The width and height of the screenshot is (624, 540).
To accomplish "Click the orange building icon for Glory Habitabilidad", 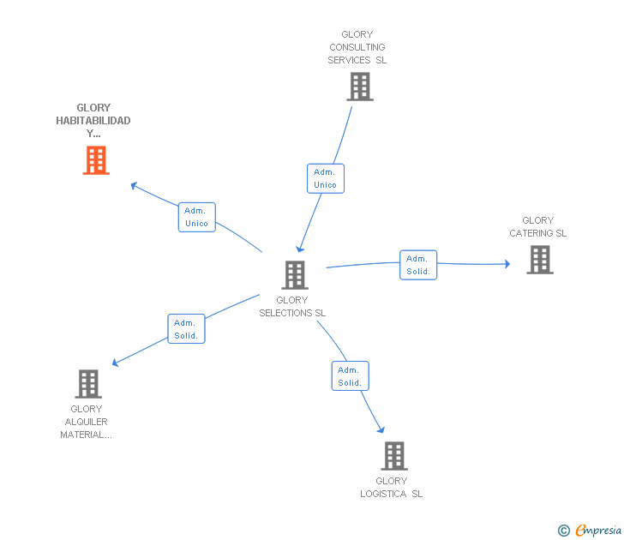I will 96,160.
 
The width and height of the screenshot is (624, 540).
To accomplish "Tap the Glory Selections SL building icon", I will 295,275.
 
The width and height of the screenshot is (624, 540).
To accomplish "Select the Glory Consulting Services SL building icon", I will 360,87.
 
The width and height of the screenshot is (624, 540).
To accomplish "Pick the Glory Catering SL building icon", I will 539,260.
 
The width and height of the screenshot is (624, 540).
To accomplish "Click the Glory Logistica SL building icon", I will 393,456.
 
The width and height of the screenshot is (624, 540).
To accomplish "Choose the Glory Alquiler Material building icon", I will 88,384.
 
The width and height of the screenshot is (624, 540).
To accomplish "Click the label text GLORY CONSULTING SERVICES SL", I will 357,48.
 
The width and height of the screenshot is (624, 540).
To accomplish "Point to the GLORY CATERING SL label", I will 538,227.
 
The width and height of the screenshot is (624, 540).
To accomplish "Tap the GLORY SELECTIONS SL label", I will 292,307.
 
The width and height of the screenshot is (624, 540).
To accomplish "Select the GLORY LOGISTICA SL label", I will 392,487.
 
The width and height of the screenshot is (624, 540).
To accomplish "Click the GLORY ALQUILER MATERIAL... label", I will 86,422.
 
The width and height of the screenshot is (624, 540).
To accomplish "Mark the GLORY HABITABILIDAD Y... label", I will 93,121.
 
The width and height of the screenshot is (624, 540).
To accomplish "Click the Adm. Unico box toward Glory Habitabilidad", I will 196,217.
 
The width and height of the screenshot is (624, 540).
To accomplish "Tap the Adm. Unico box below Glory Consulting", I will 325,178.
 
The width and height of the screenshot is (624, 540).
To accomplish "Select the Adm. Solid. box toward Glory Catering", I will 418,265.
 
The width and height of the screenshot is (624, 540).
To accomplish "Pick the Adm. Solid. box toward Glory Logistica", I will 350,376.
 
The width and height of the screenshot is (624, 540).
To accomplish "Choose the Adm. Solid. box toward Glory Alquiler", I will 186,329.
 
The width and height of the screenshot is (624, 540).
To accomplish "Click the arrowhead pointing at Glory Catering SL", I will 507,264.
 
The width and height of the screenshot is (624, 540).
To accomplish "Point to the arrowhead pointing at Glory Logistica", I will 381,429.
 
